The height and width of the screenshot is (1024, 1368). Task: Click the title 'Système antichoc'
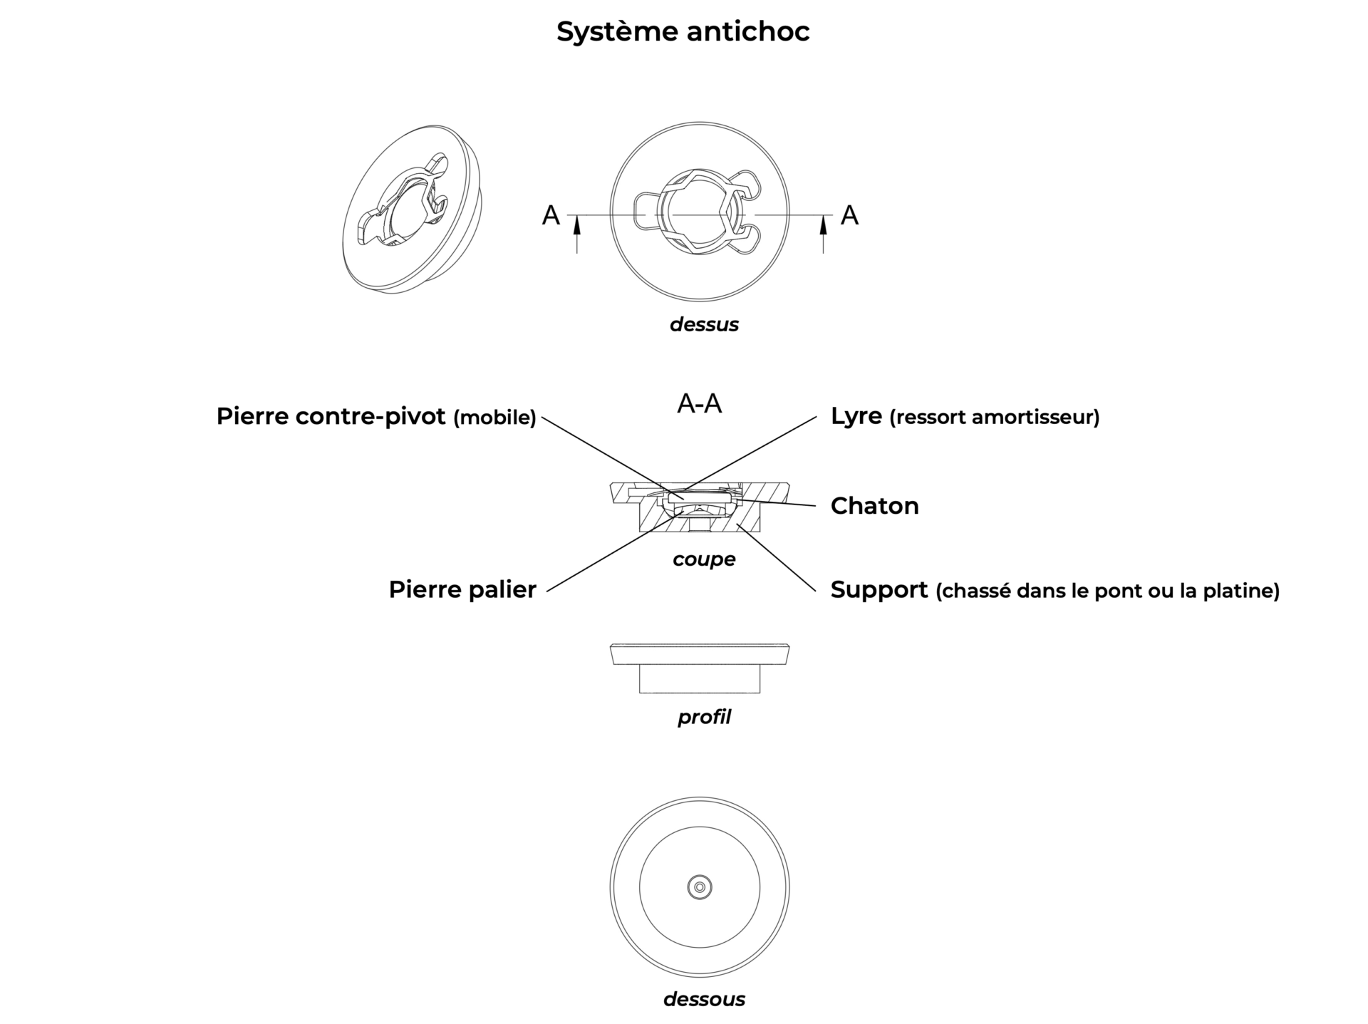coord(683,32)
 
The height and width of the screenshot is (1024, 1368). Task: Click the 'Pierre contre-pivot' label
coord(331,416)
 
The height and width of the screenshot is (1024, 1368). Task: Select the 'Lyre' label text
coord(856,416)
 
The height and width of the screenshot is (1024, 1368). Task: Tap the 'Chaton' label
coord(874,506)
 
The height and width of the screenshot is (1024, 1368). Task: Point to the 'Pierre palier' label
coord(462,589)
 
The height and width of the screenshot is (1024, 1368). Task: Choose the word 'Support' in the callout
coord(879,590)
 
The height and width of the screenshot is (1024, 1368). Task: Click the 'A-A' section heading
coord(699,404)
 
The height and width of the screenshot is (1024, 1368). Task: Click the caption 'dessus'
coord(704,324)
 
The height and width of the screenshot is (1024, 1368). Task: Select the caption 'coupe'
coord(704,559)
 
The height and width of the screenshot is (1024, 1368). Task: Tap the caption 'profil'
coord(704,717)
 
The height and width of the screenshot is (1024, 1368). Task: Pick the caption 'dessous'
coord(704,999)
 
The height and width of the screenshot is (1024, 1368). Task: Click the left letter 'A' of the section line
coord(551,215)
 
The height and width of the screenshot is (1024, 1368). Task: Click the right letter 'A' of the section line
coord(849,215)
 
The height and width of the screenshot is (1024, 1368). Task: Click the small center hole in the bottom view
coord(700,887)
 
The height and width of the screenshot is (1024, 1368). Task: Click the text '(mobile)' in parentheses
coord(494,418)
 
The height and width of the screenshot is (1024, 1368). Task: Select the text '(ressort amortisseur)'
coord(995,418)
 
